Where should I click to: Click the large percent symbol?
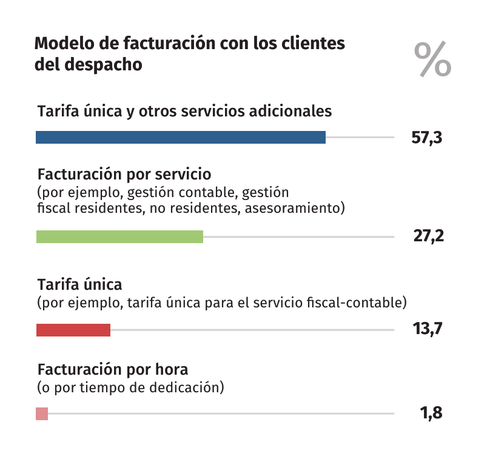pos(432,59)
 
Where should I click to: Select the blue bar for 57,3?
pos(181,138)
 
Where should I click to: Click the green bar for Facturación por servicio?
pos(119,236)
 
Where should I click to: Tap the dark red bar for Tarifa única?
pos(73,330)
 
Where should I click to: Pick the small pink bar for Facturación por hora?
pos(42,413)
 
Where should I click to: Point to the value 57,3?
pos(427,138)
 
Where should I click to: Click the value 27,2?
pos(428,236)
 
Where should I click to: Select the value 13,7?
pos(428,329)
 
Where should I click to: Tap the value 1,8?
pos(431,413)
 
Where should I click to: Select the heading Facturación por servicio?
pos(124,175)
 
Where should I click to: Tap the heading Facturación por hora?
pos(113,369)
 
